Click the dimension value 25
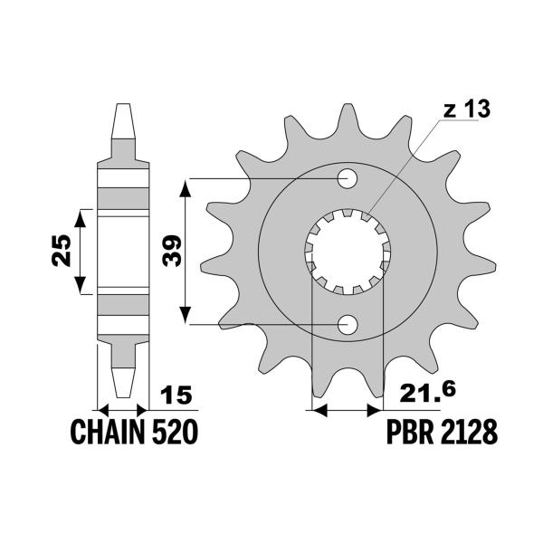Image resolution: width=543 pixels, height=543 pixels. [61, 251]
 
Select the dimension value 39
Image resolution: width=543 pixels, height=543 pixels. [171, 250]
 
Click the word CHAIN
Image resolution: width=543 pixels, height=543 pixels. [105, 433]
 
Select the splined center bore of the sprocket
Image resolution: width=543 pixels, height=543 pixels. [348, 252]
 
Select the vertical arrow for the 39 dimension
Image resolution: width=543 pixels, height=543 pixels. [185, 251]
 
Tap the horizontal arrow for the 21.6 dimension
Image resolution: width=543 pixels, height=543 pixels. [346, 410]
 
